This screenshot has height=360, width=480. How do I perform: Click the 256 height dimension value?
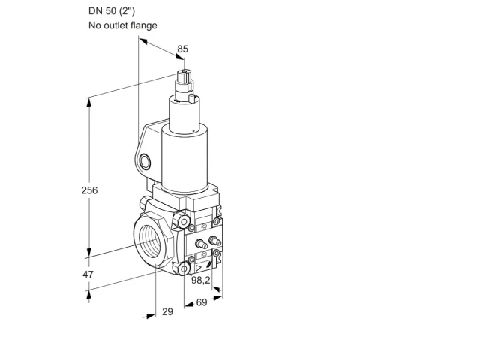click(x=89, y=190)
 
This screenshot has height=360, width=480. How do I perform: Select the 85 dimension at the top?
click(x=183, y=49)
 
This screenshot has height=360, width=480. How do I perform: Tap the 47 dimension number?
click(x=88, y=274)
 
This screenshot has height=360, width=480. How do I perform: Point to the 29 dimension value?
click(x=167, y=311)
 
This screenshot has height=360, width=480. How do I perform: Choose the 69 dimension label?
click(x=202, y=302)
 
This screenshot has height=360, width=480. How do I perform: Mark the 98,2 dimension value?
click(x=201, y=280)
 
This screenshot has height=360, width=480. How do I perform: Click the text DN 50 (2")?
click(x=112, y=11)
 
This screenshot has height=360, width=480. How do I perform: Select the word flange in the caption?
click(x=144, y=25)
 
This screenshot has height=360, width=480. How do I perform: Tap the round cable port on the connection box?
click(x=145, y=162)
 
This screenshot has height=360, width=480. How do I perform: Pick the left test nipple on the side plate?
click(x=201, y=244)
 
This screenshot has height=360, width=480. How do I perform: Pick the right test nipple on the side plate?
click(x=214, y=240)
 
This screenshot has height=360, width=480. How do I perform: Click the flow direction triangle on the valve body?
click(x=199, y=268)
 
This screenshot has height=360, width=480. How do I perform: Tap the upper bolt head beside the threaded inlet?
click(x=181, y=220)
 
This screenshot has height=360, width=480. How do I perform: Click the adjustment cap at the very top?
click(x=184, y=75)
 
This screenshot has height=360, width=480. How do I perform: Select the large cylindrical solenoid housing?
click(x=184, y=159)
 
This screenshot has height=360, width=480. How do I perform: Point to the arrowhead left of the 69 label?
click(x=189, y=304)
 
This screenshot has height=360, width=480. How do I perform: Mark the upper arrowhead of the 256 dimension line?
click(x=88, y=103)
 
